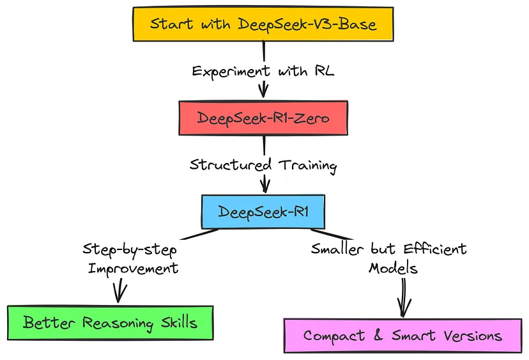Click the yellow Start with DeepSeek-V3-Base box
(x=263, y=24)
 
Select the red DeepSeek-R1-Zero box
(x=263, y=118)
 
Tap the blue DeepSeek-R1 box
(x=263, y=212)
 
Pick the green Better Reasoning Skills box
(x=110, y=322)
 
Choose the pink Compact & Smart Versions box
(x=402, y=336)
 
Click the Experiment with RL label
(x=264, y=71)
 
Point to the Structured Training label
(x=263, y=165)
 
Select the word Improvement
(x=132, y=267)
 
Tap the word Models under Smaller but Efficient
(x=394, y=268)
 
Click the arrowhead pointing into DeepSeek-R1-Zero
(x=263, y=91)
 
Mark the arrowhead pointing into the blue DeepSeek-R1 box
(x=264, y=185)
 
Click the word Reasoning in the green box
(x=123, y=322)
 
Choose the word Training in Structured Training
(x=308, y=165)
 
